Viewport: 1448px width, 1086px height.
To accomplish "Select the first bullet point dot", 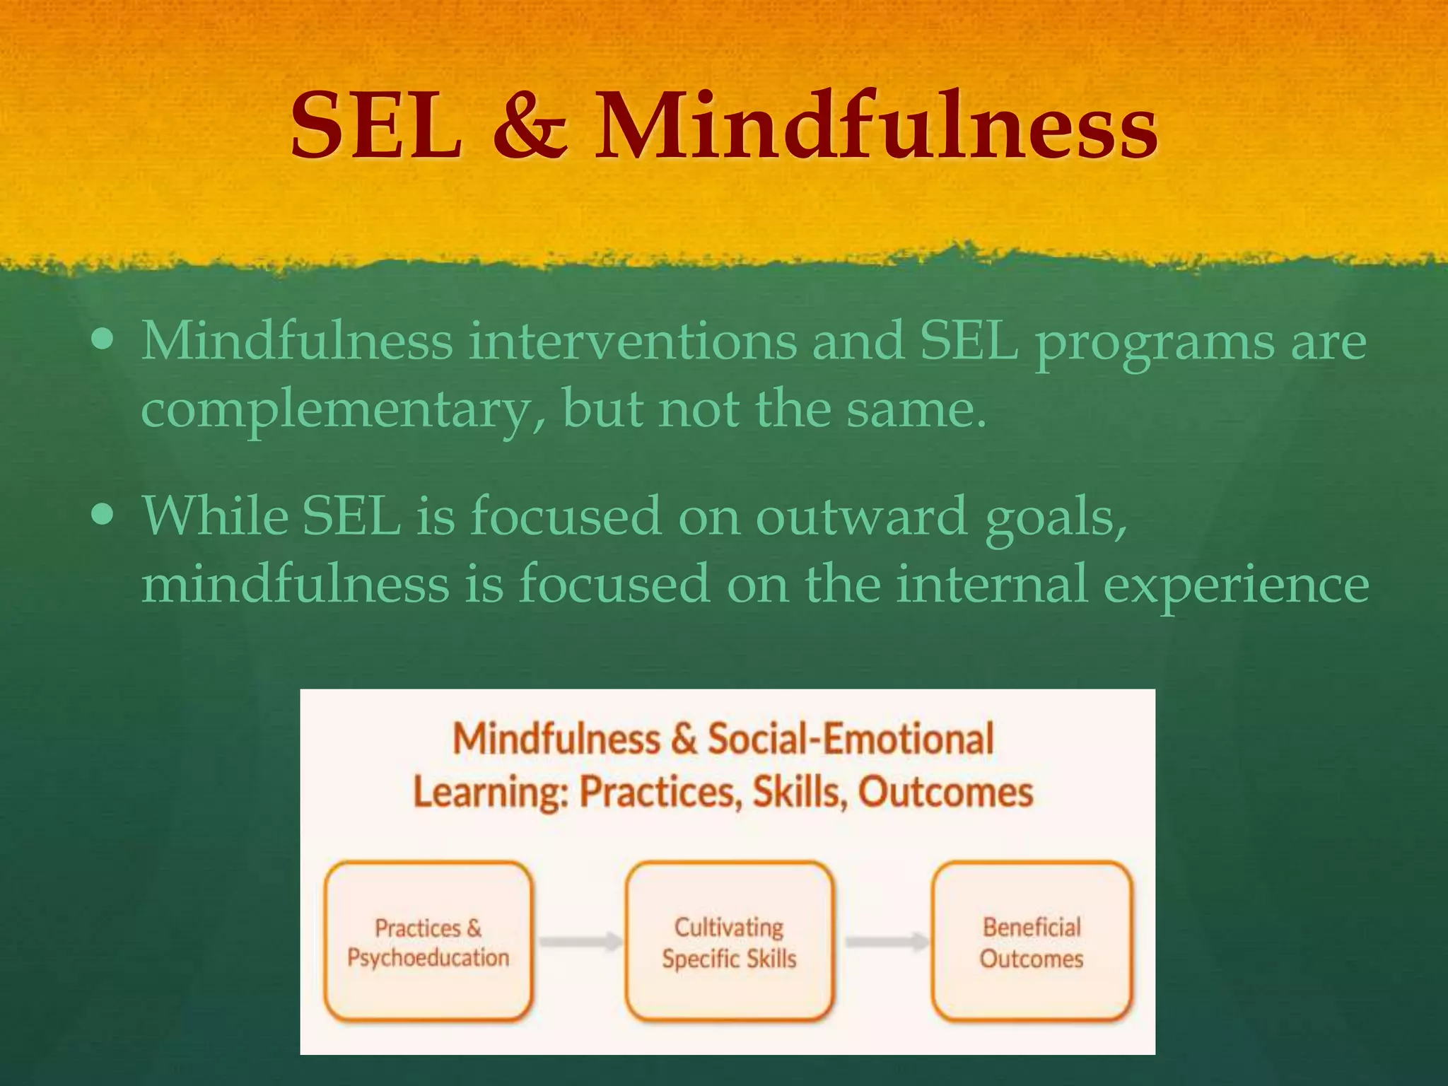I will coord(103,340).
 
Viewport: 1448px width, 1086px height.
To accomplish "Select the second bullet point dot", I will coord(103,515).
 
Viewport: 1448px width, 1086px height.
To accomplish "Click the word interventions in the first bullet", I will coord(633,341).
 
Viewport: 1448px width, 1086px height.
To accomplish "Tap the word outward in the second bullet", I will coord(861,516).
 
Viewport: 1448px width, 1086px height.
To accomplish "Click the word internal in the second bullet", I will coord(991,584).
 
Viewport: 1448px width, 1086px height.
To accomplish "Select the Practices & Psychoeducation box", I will coord(428,941).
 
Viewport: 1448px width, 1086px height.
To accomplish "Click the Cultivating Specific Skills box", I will coord(730,941).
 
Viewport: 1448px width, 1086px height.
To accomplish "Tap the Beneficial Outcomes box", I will coord(1032,941).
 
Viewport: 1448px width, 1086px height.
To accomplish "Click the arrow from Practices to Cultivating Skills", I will coord(580,942).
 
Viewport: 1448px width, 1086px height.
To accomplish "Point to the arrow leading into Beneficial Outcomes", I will coord(887,942).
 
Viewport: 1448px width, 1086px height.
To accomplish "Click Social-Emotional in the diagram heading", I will coord(851,740).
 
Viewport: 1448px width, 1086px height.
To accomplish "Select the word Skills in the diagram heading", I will coord(798,793).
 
